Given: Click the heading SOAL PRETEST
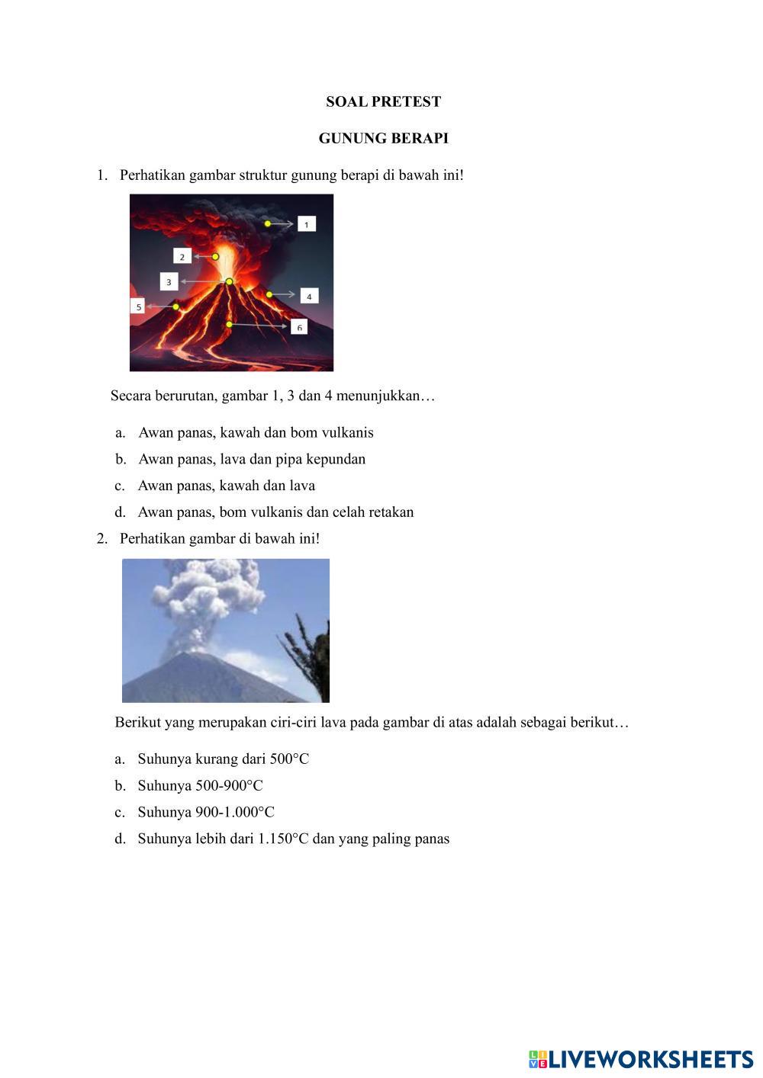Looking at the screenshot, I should [x=383, y=101].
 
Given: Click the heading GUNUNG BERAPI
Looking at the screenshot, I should [x=383, y=139].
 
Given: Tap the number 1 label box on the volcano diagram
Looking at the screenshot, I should [x=306, y=224].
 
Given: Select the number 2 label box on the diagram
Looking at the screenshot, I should [x=182, y=257].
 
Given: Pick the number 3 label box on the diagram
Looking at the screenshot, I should [x=169, y=282].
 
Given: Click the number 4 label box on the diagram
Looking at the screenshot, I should [x=308, y=296].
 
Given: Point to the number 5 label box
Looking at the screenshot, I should [x=138, y=306].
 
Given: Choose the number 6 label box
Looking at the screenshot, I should [x=299, y=327].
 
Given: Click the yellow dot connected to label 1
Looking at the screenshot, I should [x=268, y=223].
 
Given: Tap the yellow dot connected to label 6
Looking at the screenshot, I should [x=229, y=325].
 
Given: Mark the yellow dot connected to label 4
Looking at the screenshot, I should [x=269, y=294].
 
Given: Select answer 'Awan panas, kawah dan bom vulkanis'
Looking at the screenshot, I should [x=256, y=433].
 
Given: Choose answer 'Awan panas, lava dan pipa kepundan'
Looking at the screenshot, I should [x=252, y=460].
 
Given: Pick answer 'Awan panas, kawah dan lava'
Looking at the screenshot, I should [x=226, y=486].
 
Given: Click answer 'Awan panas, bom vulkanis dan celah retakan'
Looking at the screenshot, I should [x=275, y=512].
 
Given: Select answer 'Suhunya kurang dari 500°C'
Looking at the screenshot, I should [x=223, y=759].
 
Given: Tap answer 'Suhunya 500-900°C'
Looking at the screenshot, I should [x=200, y=786].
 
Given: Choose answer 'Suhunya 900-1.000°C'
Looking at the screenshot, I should [x=206, y=813].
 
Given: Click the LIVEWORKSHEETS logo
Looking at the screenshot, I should [x=640, y=1059].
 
